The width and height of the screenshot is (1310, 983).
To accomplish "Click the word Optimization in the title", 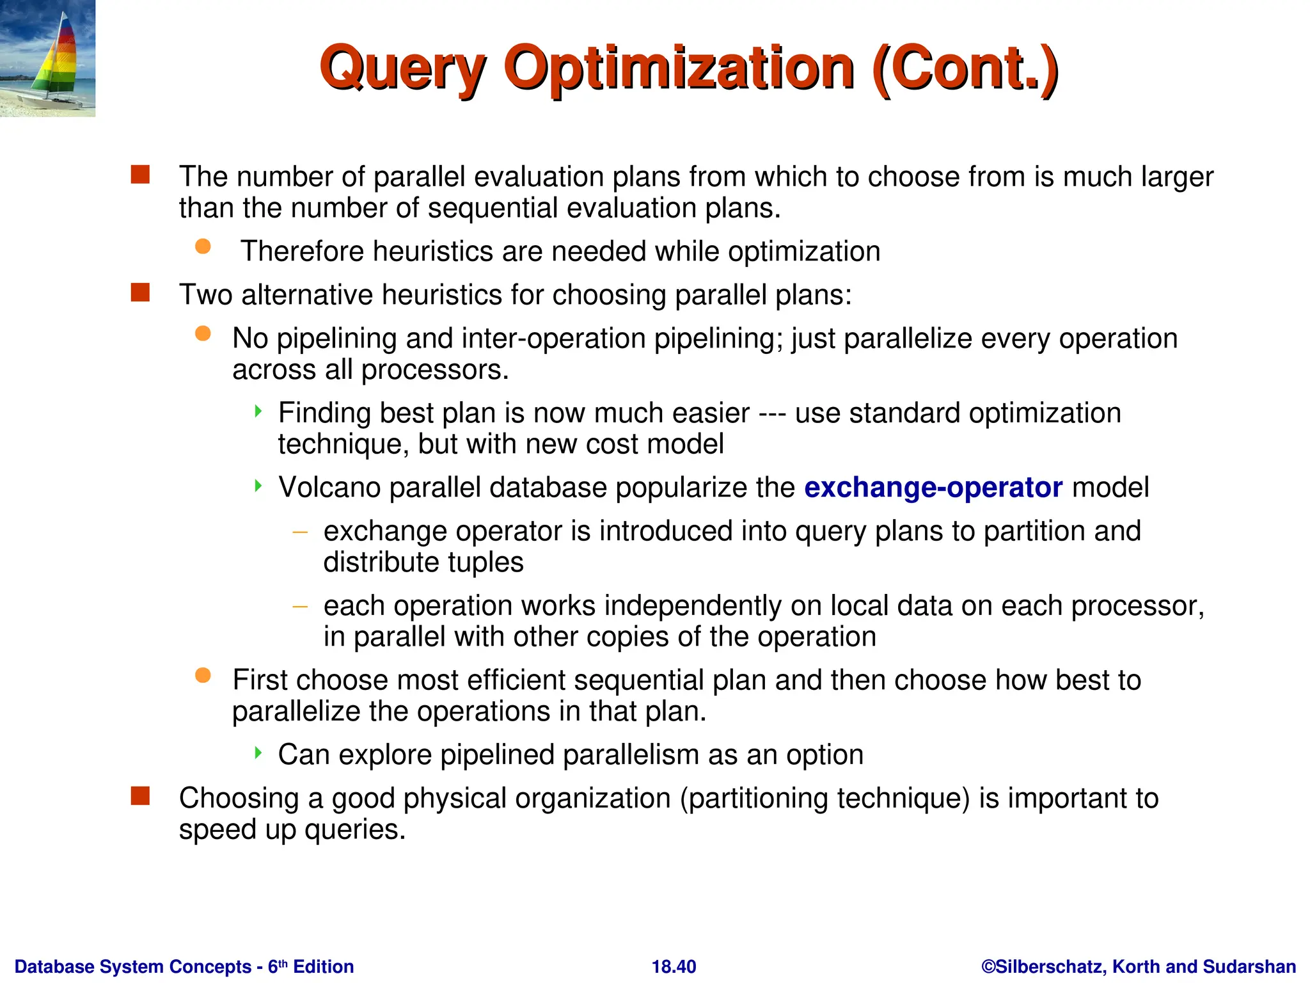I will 679,69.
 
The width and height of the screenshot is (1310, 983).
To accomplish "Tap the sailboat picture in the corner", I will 47,58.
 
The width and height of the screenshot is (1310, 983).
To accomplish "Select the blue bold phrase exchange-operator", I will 933,488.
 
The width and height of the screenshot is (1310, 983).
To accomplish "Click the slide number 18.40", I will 674,966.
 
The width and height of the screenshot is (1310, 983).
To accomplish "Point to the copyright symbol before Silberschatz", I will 988,966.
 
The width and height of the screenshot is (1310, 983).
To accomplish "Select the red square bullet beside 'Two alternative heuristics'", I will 140,293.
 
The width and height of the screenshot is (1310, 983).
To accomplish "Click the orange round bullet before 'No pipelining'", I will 203,333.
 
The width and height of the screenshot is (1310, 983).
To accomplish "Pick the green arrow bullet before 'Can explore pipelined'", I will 258,753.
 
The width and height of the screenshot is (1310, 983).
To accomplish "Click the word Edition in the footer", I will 323,966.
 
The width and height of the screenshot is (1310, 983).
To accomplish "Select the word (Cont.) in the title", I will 965,69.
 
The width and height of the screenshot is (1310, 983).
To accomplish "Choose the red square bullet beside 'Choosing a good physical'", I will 140,796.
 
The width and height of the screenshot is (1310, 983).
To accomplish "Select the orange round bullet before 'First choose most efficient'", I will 203,675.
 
